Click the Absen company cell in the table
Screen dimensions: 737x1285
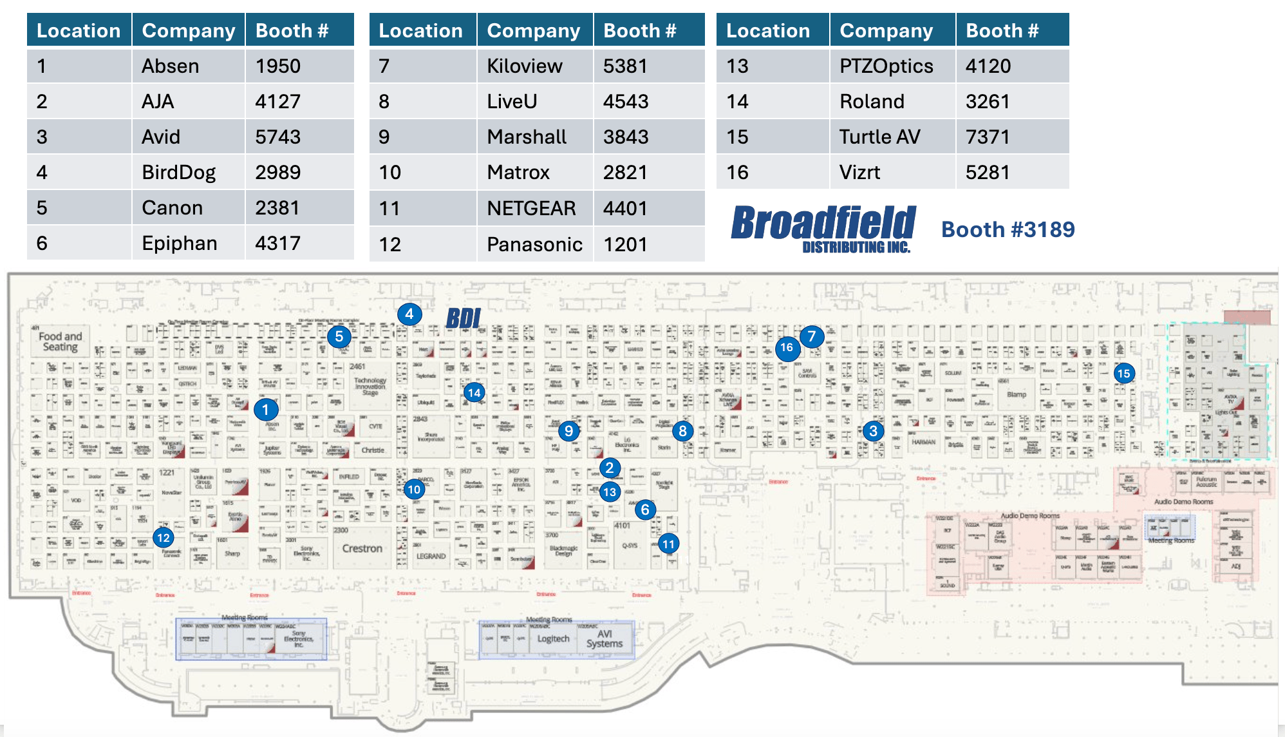point(171,66)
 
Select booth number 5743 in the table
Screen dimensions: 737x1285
point(277,137)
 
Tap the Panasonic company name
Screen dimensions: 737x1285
point(534,245)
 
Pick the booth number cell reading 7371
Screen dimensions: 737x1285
point(988,137)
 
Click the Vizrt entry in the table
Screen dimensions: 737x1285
point(859,173)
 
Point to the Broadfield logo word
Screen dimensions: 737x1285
point(823,224)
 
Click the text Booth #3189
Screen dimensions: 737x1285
point(1008,229)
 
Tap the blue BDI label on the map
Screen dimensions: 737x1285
point(464,318)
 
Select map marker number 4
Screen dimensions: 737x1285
point(409,314)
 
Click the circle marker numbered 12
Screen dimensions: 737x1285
point(164,538)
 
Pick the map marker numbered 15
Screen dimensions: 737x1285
point(1124,374)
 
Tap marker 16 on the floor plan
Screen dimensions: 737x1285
point(787,348)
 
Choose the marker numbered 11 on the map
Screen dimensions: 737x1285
point(669,544)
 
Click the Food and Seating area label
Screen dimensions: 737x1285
point(61,341)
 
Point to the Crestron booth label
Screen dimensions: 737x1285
point(362,549)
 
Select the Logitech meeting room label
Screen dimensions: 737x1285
point(553,639)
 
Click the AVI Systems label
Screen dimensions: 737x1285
point(605,638)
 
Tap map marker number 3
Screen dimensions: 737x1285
point(874,431)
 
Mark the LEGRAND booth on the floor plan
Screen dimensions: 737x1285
point(431,556)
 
